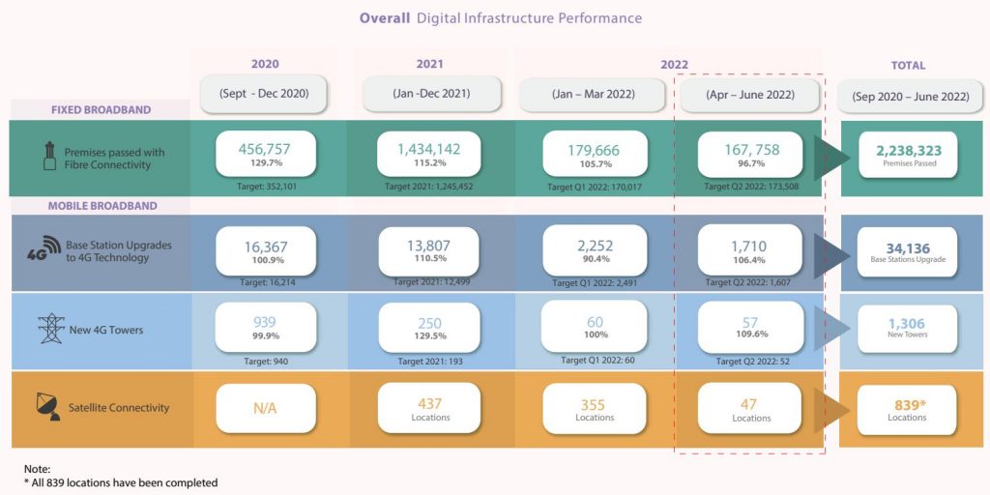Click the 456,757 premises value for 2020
[x=264, y=150]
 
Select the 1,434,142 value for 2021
[x=428, y=149]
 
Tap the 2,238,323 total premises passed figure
[x=909, y=152]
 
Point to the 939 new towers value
[x=264, y=323]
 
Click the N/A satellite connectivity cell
[x=264, y=409]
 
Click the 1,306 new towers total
[x=907, y=324]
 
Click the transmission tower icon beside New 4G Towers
[x=50, y=329]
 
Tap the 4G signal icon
[x=44, y=250]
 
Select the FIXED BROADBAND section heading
[x=101, y=110]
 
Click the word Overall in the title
[x=384, y=18]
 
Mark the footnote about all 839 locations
[x=121, y=482]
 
